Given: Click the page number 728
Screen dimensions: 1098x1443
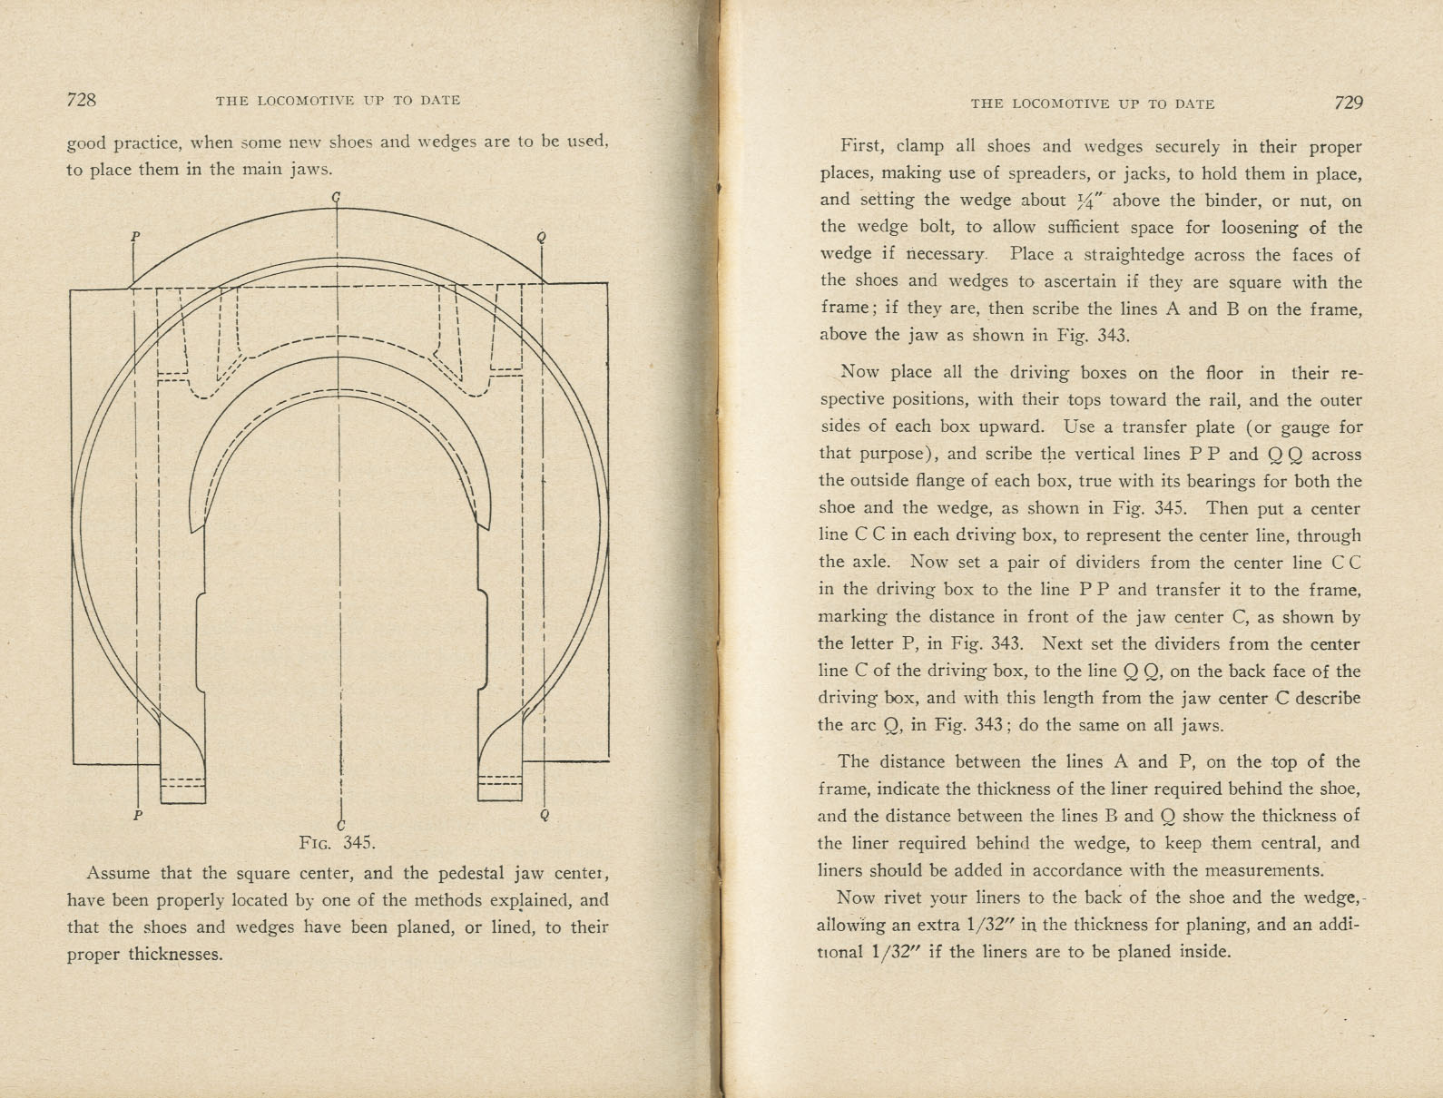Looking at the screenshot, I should pos(82,100).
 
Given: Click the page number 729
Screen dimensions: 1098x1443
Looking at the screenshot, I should pos(1349,103).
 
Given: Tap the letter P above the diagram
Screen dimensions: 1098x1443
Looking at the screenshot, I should pos(135,237).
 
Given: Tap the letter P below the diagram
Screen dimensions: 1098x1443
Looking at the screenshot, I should pos(138,815).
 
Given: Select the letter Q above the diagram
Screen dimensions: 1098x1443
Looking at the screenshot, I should pos(542,238).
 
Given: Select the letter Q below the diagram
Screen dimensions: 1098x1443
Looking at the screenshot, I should pos(545,815).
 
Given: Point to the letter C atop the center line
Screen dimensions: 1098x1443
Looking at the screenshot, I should pos(338,197).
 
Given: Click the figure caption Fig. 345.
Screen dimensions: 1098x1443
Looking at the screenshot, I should pos(337,842).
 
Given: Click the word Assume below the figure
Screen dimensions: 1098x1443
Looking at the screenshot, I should pos(118,874).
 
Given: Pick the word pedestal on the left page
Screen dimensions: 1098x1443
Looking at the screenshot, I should pos(447,874).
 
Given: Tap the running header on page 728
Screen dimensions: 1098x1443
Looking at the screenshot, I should pos(338,101).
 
